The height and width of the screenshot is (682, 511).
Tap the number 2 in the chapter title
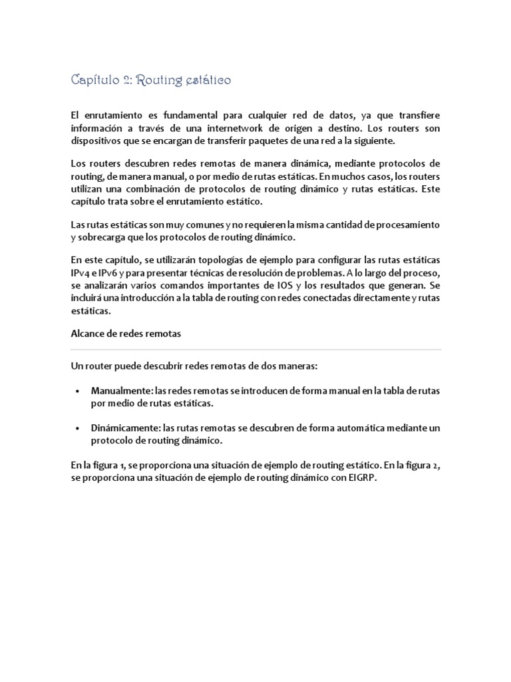pos(135,81)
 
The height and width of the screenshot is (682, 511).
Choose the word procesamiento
pos(405,224)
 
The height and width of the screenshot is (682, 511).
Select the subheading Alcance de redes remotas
pos(126,334)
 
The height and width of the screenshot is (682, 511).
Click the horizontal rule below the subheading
pos(255,349)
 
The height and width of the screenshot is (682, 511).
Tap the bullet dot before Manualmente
pos(78,391)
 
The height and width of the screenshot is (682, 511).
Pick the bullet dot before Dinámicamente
pos(78,428)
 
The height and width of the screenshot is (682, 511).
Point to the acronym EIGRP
pos(353,478)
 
